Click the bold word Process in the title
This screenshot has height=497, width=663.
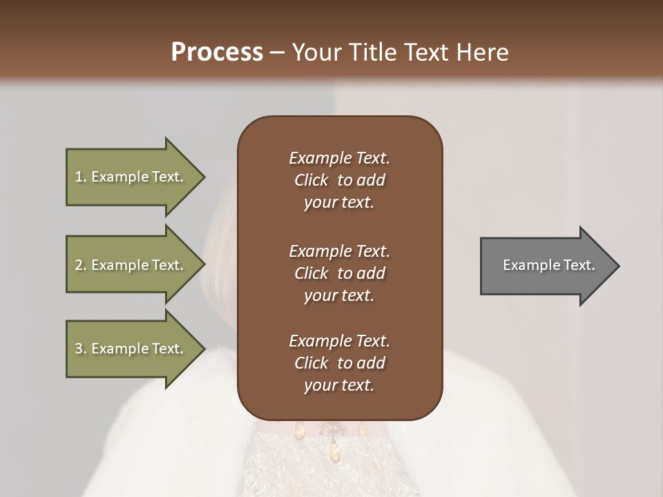[217, 52]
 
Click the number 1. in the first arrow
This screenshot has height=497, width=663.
[81, 177]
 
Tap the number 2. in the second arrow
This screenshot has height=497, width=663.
[81, 265]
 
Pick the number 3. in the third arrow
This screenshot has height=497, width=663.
[81, 349]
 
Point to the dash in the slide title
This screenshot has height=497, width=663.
[277, 53]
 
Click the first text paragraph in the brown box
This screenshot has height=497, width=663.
[339, 180]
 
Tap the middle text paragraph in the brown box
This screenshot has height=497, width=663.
[339, 273]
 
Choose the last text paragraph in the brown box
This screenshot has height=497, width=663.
[339, 363]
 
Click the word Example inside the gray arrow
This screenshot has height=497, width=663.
[528, 265]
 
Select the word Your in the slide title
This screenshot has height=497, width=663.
[318, 52]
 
